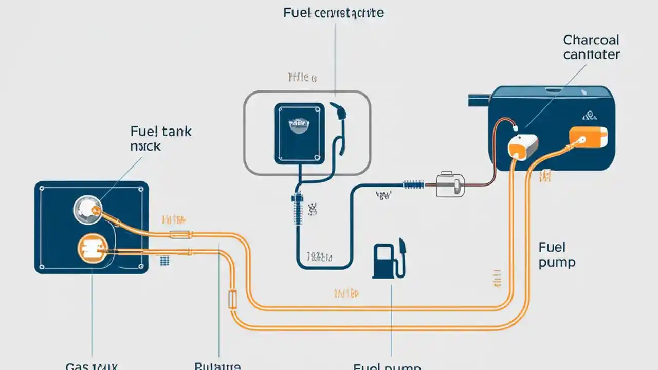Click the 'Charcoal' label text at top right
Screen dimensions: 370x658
point(591,40)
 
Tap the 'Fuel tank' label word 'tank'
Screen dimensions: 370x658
point(176,132)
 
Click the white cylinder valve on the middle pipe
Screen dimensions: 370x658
point(450,184)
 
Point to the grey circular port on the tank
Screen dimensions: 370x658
point(87,210)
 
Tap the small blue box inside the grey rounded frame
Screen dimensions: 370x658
point(299,134)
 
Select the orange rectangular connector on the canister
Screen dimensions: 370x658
point(588,136)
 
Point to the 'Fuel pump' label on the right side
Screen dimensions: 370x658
point(557,255)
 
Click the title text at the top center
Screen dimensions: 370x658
point(333,13)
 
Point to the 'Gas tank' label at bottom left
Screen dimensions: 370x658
point(92,366)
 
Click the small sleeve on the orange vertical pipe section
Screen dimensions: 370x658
point(232,299)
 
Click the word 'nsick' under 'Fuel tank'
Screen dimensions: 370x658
point(145,146)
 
